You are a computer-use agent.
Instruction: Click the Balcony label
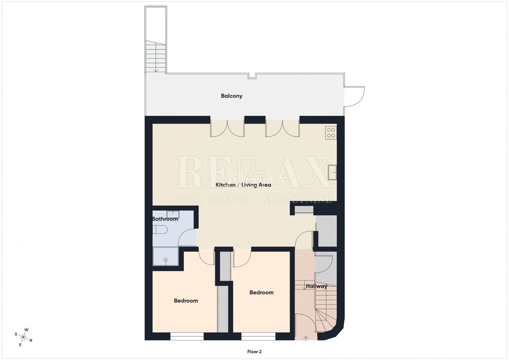[232, 96]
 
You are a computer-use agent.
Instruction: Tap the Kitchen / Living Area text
[243, 185]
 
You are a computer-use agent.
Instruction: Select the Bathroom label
[165, 219]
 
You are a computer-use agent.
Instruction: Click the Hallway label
[316, 286]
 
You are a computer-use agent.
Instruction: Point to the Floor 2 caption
[255, 352]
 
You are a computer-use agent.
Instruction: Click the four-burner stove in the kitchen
[331, 133]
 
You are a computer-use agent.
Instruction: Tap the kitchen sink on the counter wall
[333, 172]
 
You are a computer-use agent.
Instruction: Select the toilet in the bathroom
[160, 230]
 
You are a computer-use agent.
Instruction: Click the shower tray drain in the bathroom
[166, 259]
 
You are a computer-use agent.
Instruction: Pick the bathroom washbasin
[173, 214]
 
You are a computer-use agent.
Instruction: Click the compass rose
[23, 337]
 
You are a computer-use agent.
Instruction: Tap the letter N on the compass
[31, 340]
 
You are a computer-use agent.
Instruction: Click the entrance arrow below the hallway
[306, 339]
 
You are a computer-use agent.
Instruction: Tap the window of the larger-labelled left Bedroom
[187, 337]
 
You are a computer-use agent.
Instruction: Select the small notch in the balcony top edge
[252, 76]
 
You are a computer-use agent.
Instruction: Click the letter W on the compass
[27, 330]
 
